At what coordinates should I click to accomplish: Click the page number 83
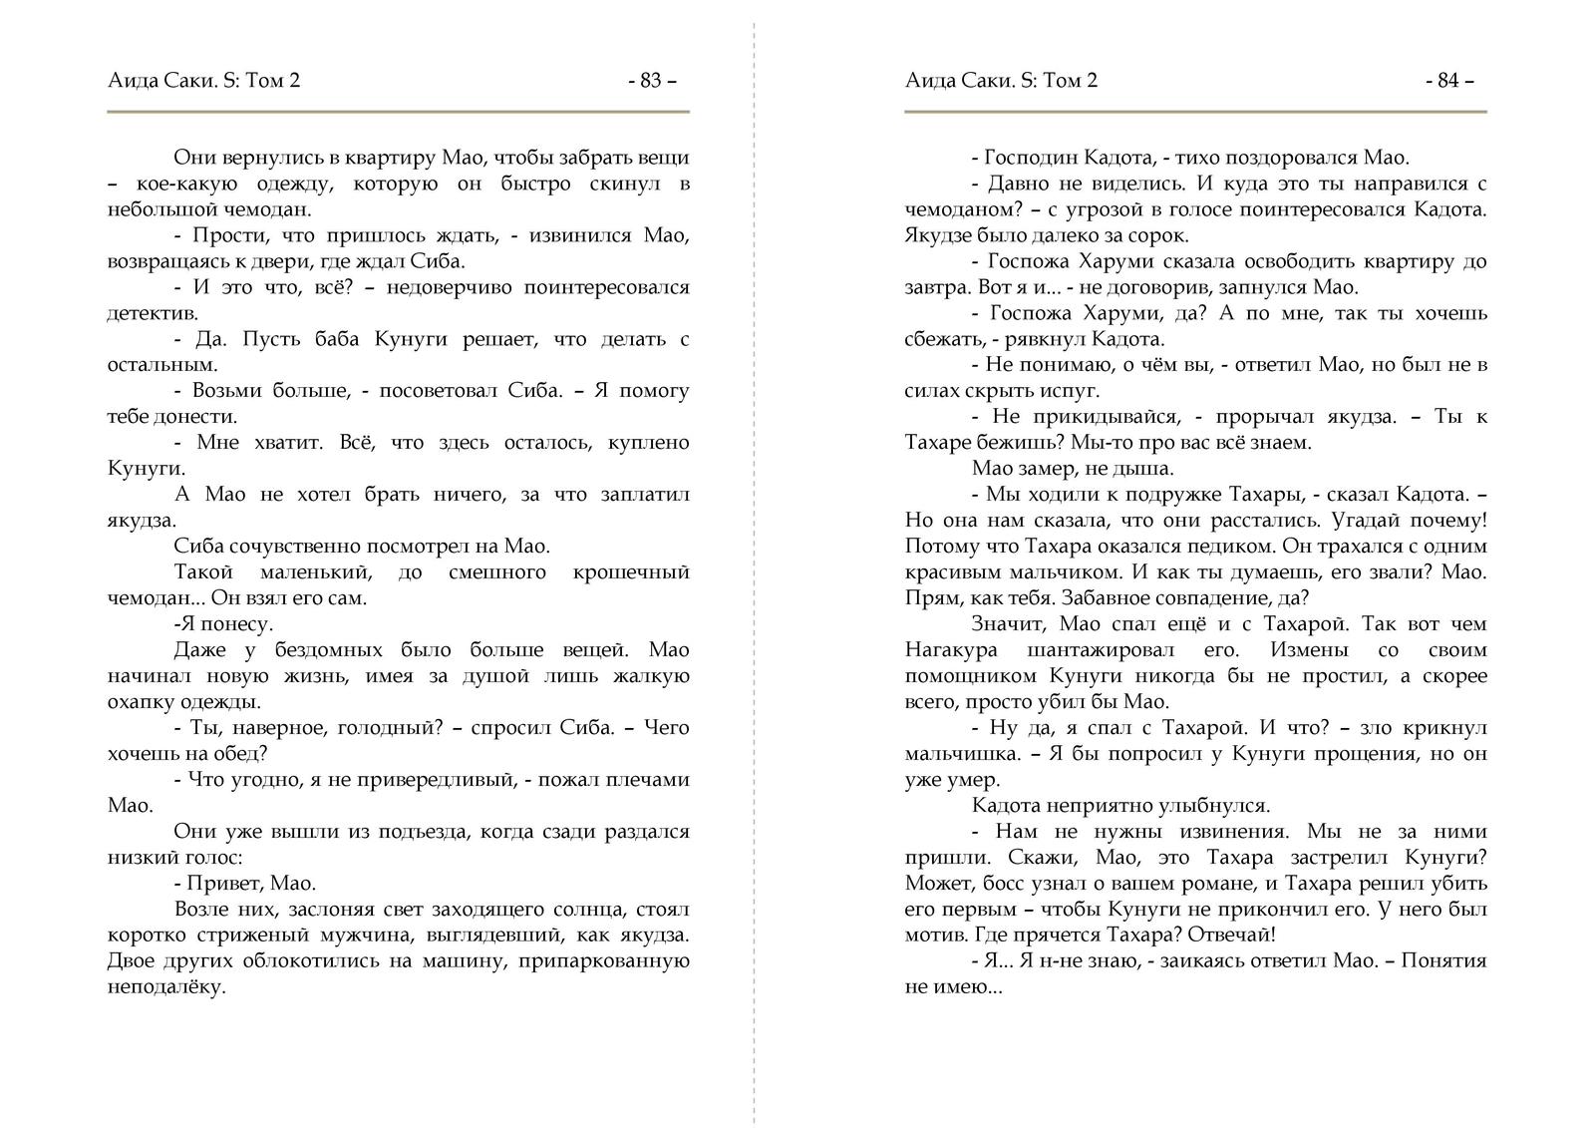(651, 81)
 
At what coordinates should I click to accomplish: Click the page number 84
(1448, 81)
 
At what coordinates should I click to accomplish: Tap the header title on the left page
(203, 81)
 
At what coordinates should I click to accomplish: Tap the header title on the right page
(1001, 81)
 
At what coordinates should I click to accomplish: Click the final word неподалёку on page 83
(166, 987)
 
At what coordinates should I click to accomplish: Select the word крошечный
(632, 572)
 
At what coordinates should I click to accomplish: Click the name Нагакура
(951, 650)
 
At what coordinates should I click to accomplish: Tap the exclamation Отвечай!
(1236, 936)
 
